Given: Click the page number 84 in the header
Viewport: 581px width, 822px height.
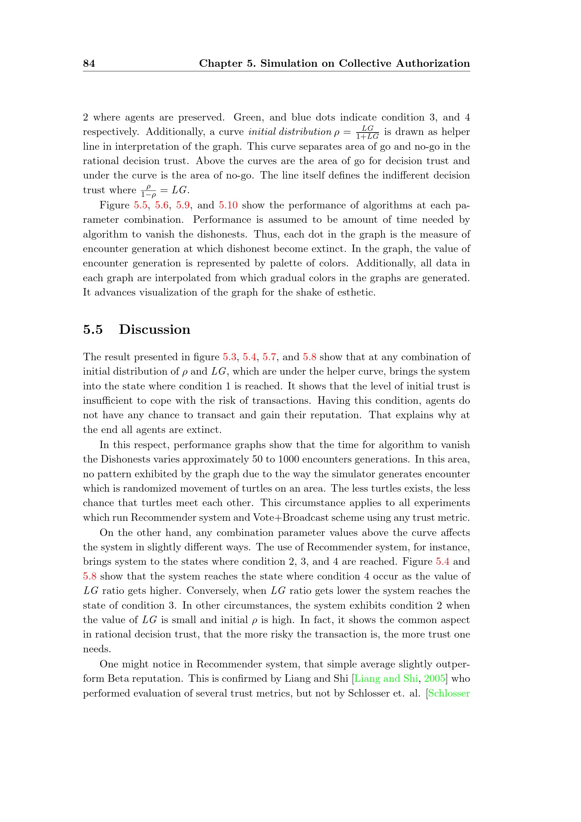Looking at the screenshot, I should point(89,63).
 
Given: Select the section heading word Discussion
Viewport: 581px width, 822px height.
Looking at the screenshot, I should point(155,329).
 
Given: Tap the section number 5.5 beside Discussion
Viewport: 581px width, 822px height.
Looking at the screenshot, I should point(93,329).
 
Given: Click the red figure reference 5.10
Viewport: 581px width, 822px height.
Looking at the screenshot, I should point(228,205).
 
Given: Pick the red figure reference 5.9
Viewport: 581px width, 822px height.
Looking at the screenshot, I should point(183,205).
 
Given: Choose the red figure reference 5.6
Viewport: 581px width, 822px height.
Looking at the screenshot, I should point(162,205).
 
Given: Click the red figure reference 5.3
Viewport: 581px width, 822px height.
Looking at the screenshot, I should point(230,357).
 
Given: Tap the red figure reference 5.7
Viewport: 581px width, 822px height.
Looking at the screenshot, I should point(269,357).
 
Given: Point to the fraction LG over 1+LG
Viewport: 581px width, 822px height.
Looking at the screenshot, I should point(367,132).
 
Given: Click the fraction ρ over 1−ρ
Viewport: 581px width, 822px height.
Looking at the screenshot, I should point(149,190).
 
